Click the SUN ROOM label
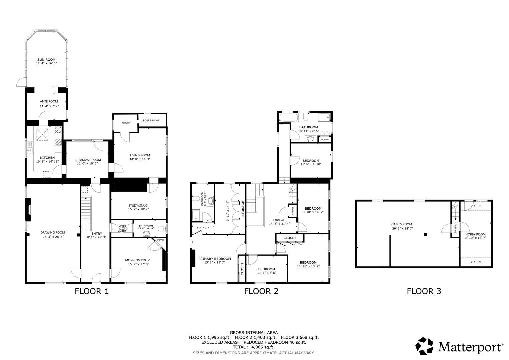coord(46,60)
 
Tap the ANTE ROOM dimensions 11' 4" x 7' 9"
coord(49,106)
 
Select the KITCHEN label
coord(47,158)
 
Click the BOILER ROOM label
coord(151,121)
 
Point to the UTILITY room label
coord(126,123)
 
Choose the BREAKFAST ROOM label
coord(87,160)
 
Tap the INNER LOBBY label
coord(122,228)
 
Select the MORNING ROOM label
coord(138,260)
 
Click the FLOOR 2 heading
coord(261,291)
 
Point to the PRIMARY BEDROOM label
coord(214,259)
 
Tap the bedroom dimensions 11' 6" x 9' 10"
coord(311,164)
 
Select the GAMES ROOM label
coord(401,224)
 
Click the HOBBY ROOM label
coord(475,234)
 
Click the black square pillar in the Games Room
coord(425,235)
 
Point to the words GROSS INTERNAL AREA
coord(254,332)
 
